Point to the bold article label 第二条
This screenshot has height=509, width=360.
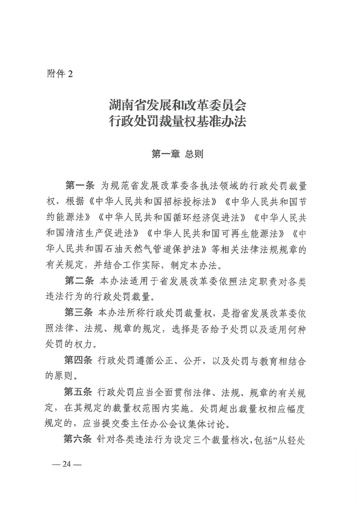(79, 281)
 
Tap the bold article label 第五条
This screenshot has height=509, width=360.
(79, 392)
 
